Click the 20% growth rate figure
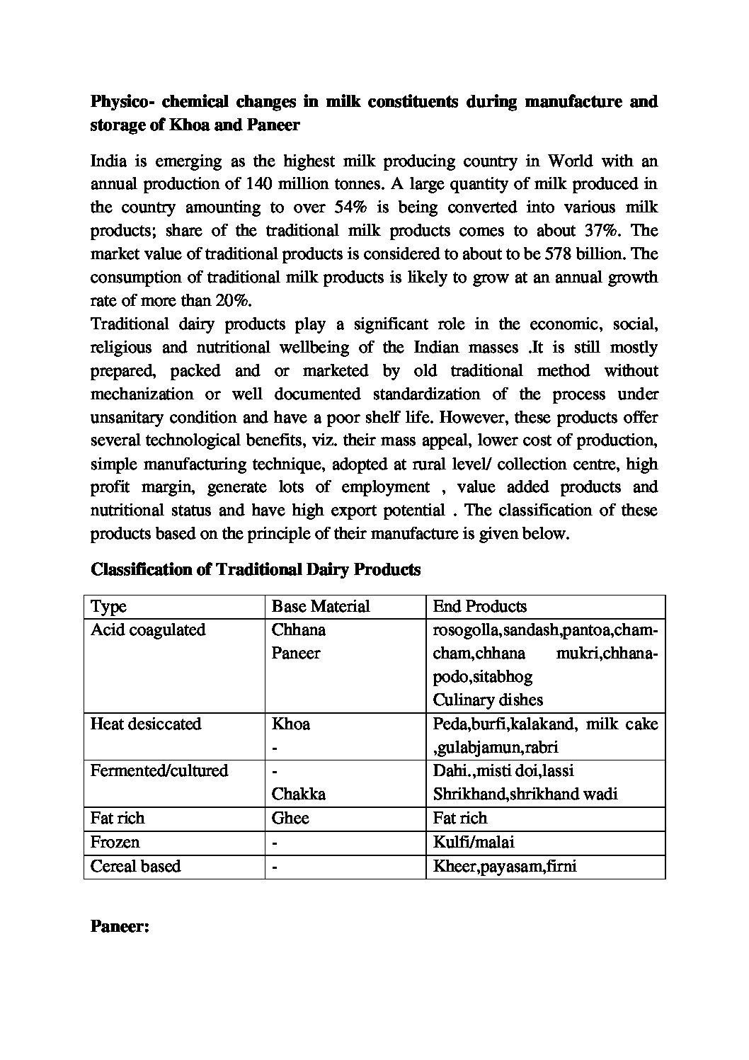click(x=234, y=300)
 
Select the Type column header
click(x=109, y=607)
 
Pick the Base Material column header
click(x=321, y=607)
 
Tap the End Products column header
click(x=479, y=607)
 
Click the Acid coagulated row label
click(x=148, y=630)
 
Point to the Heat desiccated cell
click(x=146, y=724)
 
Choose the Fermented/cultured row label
click(x=159, y=770)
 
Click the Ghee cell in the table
click(x=290, y=819)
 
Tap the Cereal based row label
click(x=136, y=867)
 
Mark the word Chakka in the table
click(x=299, y=794)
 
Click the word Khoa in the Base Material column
click(x=291, y=724)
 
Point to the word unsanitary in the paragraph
click(x=132, y=417)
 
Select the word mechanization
click(x=142, y=394)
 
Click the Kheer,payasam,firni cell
click(x=505, y=867)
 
